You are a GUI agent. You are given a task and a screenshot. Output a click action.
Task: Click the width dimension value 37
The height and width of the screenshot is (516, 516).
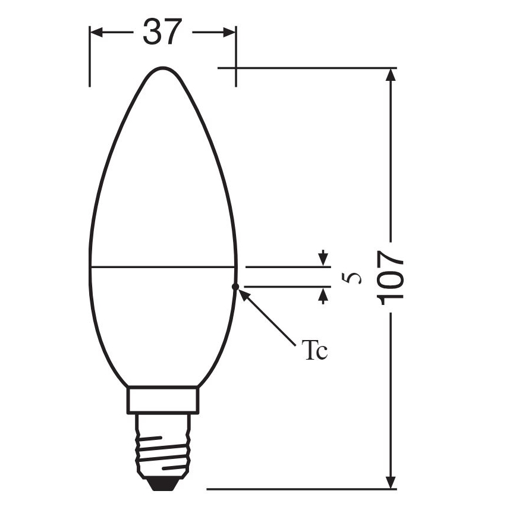pos(161,32)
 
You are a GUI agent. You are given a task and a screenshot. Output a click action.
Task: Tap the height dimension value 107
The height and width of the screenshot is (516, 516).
pos(391,277)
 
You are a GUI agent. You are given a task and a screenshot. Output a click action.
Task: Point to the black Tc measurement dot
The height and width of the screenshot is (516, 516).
pos(235,287)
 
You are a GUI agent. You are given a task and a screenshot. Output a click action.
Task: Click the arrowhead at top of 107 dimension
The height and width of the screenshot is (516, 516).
pos(391,75)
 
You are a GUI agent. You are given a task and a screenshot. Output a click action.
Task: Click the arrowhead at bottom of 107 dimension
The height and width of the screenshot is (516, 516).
pos(391,482)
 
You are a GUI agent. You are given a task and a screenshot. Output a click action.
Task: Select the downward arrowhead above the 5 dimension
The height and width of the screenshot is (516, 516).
pos(323,261)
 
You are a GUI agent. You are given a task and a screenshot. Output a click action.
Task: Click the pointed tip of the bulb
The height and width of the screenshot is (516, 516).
pos(163,68)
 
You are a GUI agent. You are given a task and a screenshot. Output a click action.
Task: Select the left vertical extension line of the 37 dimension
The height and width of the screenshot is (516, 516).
pos(90,56)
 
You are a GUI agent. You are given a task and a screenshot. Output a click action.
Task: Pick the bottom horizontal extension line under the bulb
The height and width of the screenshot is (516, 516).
pos(297,489)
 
